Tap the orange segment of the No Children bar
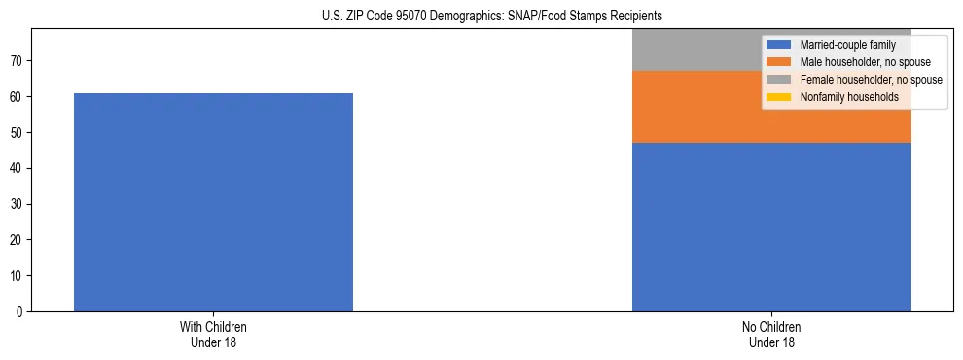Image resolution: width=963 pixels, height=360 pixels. pos(695,107)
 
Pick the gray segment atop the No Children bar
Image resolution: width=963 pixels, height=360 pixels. pos(695,50)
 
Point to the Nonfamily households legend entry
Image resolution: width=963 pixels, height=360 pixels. pos(849,97)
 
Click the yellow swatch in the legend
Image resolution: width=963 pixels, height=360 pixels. pos(778,97)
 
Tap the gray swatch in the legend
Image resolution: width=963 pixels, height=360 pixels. pos(778,80)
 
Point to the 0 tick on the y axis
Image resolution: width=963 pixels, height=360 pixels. pos(18,311)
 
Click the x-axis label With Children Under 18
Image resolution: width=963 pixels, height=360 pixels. pos(213,335)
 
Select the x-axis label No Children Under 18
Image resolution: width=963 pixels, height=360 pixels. pos(771,335)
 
